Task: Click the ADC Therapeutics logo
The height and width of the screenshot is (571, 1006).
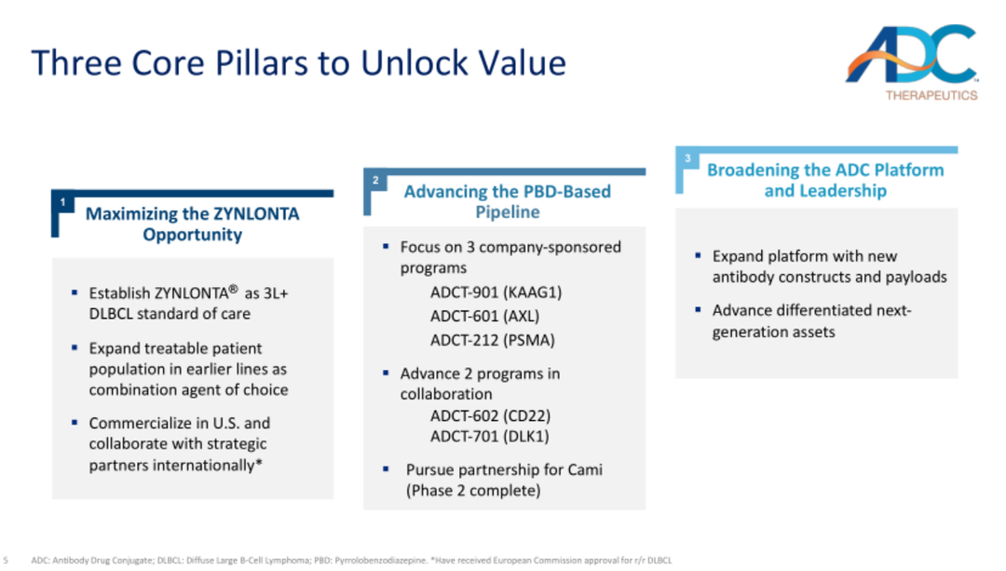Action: coord(912,62)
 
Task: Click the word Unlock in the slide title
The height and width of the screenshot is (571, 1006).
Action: coord(415,62)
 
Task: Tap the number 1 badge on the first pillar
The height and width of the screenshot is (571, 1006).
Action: coord(63,202)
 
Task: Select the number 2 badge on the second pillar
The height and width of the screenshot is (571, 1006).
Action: coord(375,181)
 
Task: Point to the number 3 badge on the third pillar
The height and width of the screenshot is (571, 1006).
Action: coord(687,158)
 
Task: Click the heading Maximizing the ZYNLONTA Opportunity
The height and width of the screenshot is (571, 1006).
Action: coord(193,224)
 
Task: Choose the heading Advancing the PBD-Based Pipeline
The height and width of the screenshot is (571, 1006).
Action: coord(508,201)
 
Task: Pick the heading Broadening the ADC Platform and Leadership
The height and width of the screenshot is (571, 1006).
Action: coord(825,181)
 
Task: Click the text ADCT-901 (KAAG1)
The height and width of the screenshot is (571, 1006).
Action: coord(496,292)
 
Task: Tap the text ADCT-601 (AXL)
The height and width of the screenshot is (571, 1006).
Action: coord(485,316)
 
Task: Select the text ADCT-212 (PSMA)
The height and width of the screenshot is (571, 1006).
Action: coord(493,339)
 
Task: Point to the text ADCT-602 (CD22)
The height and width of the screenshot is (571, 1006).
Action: coord(491,415)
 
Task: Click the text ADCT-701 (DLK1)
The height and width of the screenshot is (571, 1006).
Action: coord(490,436)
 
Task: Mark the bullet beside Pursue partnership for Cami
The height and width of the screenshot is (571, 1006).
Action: coord(386,469)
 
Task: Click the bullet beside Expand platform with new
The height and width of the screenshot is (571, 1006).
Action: coord(698,255)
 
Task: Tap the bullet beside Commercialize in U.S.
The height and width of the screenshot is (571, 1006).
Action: coord(75,422)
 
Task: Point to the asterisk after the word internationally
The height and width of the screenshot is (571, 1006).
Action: coord(259,462)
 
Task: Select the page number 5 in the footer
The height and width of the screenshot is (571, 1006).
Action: coord(6,560)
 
